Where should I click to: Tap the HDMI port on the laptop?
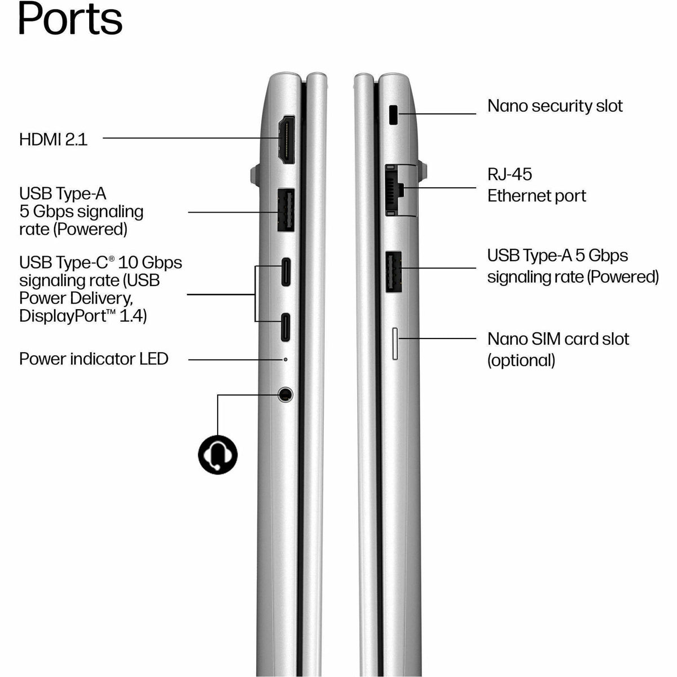(287, 139)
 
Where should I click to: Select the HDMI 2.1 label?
(53, 139)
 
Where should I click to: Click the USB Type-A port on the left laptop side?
(286, 210)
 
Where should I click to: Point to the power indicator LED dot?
(285, 359)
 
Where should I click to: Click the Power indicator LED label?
(94, 359)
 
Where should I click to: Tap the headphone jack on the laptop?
(285, 394)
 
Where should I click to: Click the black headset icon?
(218, 455)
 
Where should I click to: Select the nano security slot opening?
(393, 115)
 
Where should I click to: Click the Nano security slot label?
(555, 105)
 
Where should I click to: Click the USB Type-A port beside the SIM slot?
(394, 272)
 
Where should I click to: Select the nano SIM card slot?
(395, 344)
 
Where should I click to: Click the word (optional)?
(521, 361)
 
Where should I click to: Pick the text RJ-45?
(510, 174)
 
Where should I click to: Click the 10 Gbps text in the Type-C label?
(150, 262)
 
